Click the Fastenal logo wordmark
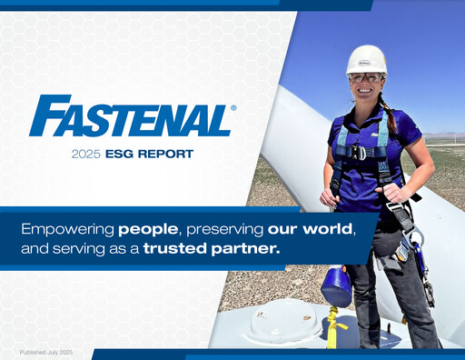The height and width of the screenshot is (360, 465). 130,116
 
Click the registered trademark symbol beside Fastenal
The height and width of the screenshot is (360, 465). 233,107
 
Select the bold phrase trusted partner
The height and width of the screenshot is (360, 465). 211,246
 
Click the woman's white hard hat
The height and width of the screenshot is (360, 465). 365,60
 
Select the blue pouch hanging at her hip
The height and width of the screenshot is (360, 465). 337,286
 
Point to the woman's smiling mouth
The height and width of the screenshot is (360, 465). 366,91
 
